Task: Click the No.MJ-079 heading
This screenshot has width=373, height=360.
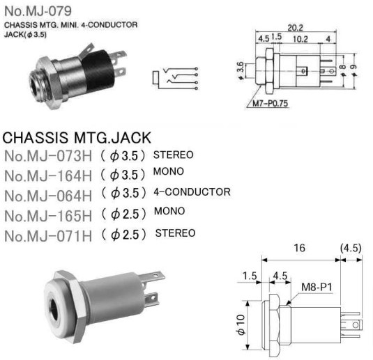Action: point(38,11)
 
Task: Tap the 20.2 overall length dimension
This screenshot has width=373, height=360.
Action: point(295,28)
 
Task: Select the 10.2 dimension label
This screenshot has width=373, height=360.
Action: point(300,39)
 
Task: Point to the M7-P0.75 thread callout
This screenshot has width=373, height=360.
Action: point(270,103)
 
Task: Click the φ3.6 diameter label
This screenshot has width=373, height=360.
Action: point(241,70)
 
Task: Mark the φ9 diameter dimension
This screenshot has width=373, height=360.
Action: point(353,70)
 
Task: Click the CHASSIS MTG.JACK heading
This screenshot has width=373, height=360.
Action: point(77,138)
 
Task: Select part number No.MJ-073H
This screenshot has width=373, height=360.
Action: point(48,156)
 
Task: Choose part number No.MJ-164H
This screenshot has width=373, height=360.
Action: point(48,176)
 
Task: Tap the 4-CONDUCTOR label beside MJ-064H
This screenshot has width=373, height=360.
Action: point(192,192)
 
